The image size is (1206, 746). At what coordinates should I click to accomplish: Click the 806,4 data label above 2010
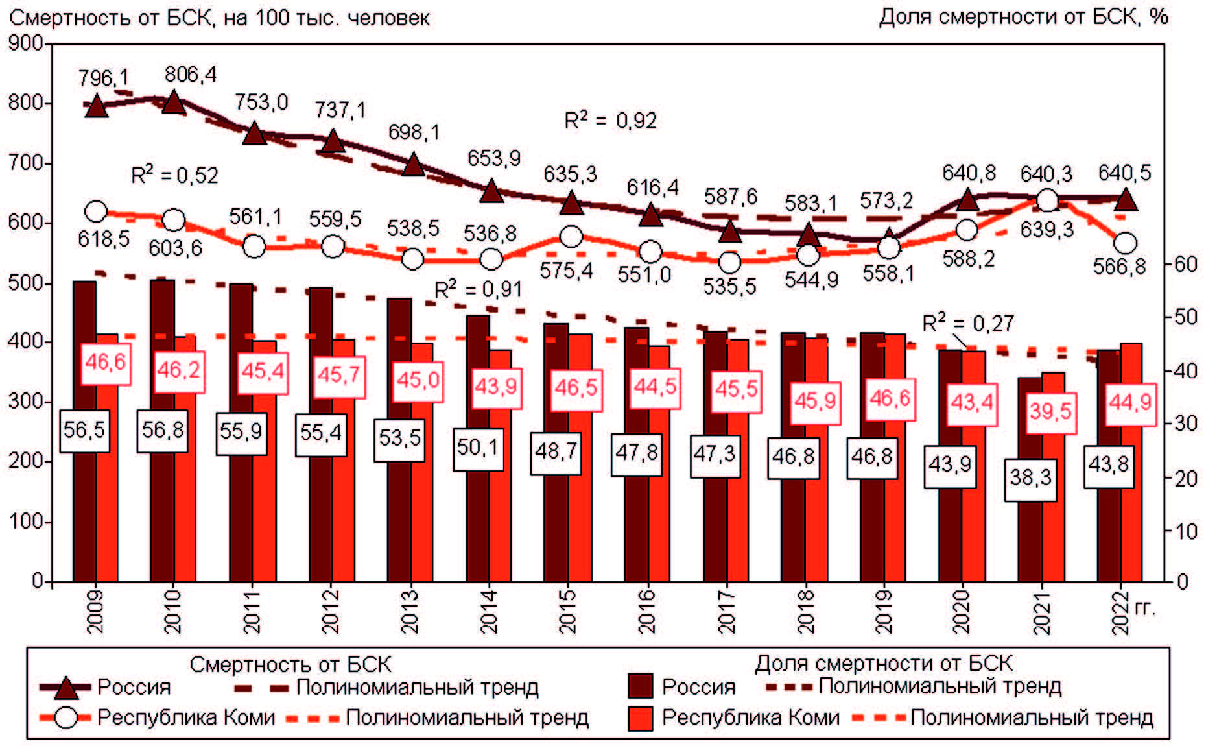pos(190,75)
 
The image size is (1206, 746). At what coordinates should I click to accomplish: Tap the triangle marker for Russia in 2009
pos(96,106)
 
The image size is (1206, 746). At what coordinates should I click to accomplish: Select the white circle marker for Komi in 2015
pos(571,237)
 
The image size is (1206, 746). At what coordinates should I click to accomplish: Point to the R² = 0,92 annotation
pos(610,121)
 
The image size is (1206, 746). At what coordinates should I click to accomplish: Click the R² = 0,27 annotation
pos(967,323)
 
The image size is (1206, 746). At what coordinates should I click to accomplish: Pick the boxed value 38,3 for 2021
pos(1030,479)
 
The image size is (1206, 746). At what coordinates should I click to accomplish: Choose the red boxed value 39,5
pos(1051,411)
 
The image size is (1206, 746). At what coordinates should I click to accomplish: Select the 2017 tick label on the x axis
pos(727,611)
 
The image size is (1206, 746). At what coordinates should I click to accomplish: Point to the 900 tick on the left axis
pos(25,43)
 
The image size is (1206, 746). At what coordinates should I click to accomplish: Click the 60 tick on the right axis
pos(1186,264)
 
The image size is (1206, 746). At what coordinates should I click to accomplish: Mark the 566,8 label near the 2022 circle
pos(1120,267)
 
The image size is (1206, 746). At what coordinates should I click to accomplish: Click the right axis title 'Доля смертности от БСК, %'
pos(1023,17)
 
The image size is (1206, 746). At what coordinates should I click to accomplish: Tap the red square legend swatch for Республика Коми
pos(641,718)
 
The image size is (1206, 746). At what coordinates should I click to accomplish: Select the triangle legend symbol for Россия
pos(65,687)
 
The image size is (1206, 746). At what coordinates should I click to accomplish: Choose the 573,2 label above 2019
pos(886,201)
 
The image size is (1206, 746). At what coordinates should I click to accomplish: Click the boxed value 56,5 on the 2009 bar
pos(84,430)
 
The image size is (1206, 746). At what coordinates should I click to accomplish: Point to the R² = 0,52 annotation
pos(174,175)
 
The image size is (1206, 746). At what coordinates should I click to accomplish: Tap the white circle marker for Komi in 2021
pos(1047,201)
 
